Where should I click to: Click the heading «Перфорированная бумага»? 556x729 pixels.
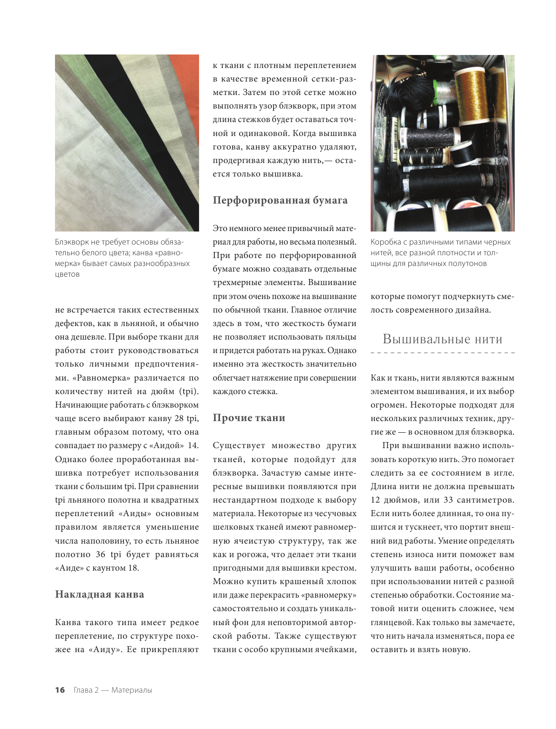pos(280,200)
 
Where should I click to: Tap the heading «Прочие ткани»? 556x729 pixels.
pos(249,418)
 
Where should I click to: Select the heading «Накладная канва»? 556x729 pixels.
pos(100,594)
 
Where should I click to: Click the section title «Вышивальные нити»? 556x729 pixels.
pos(442,339)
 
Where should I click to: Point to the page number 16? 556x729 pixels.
pos(60,690)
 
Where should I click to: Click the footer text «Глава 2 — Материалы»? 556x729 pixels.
pos(113,690)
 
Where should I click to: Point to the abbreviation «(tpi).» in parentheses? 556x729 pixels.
pos(189,391)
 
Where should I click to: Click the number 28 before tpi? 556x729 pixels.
pos(179,418)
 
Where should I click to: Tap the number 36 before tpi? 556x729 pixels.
pos(101,554)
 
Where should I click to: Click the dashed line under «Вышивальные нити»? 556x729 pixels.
pos(442,353)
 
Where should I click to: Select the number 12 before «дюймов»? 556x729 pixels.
pos(375,500)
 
